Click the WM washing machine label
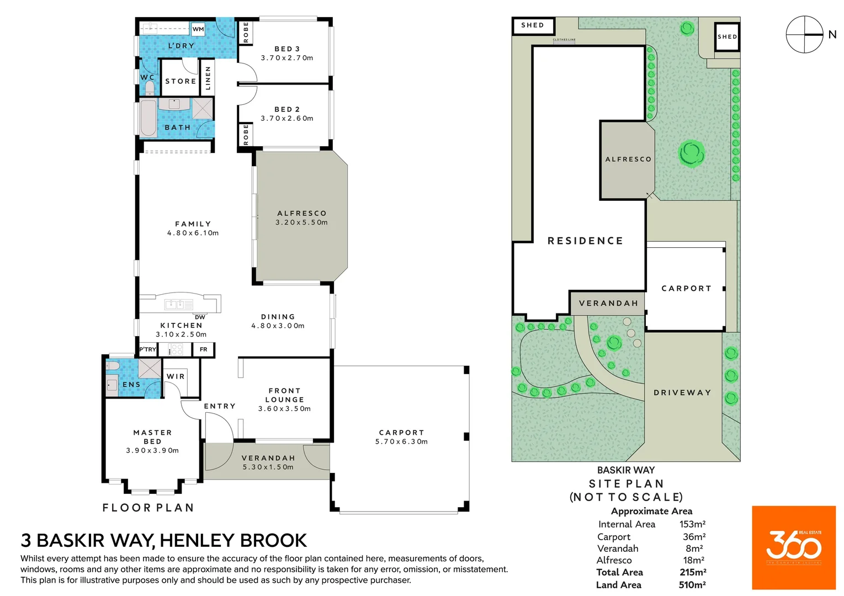198,29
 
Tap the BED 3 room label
287,49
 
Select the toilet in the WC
150,88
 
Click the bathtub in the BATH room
148,118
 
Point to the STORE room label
181,81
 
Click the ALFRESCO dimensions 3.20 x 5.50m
301,222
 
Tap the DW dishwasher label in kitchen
200,317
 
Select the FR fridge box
204,349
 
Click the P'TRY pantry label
147,349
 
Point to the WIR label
176,376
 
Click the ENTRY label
220,406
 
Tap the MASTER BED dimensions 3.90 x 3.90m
152,450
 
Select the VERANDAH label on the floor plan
268,458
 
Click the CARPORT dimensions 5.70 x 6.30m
401,441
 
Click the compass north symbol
805,34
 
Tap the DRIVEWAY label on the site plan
682,392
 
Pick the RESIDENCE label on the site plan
585,241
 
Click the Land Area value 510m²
692,585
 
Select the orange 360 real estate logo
793,547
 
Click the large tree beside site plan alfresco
691,153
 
